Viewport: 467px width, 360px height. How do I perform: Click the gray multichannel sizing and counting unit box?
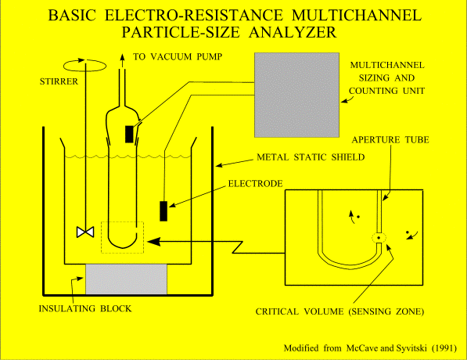coord(296,95)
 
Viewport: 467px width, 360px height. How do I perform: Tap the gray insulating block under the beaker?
coord(126,279)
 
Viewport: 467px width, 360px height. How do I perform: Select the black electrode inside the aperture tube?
coord(129,134)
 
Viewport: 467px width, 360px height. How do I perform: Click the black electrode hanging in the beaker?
coord(163,211)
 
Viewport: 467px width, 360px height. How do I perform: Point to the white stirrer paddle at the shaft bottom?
coord(85,232)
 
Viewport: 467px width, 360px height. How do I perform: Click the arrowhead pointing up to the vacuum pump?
coord(122,57)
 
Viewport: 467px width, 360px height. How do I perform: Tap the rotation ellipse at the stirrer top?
coord(85,65)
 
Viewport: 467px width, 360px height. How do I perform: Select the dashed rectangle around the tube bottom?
coord(122,237)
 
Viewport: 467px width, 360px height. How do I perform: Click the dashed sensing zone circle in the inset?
coord(379,238)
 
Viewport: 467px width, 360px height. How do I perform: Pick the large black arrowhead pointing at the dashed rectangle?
coord(154,242)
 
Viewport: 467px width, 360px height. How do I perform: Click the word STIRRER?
coord(59,81)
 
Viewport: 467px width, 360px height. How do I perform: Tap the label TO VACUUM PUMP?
coord(178,56)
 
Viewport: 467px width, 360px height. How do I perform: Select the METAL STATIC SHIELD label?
coord(311,157)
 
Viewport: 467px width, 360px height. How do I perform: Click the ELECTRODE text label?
coord(256,184)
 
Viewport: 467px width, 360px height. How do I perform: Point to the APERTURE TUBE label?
coord(390,140)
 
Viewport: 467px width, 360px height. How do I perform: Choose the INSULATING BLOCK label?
coord(85,308)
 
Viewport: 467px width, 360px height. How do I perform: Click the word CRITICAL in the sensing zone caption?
coord(277,311)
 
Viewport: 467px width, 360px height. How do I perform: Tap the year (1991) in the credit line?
coord(444,348)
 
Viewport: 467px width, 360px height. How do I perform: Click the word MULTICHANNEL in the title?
coord(357,15)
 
